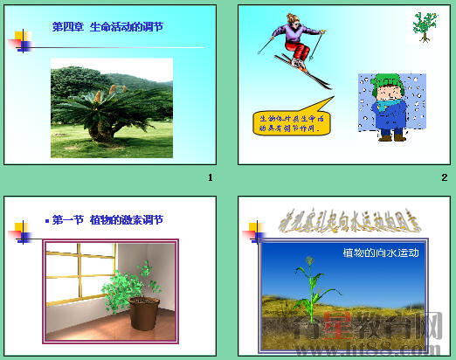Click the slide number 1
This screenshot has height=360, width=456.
pos(210,178)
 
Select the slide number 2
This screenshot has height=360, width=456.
pos(444,178)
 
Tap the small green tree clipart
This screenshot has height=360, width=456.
pos(425,26)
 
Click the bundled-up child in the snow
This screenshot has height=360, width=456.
pos(387,109)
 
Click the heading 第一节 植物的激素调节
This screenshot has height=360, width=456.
pos(107,220)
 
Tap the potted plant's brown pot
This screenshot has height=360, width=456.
pos(143,311)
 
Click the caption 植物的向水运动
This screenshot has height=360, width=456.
pos(381,253)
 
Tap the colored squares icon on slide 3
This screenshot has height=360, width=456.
pos(18,232)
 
